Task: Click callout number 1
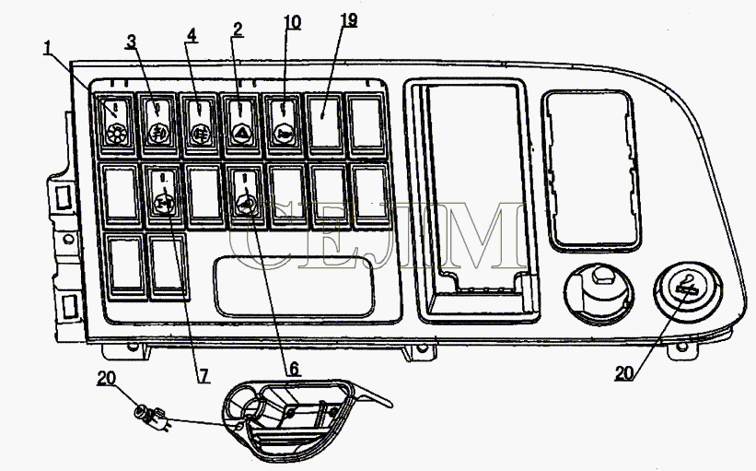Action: [x=47, y=49]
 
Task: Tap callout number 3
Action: [x=131, y=41]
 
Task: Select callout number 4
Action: [x=192, y=35]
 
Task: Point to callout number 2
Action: [x=237, y=29]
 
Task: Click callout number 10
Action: [x=292, y=22]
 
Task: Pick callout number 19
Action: [x=348, y=19]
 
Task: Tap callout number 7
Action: [x=204, y=375]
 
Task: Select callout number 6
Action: [x=293, y=370]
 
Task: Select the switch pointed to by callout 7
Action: [x=164, y=194]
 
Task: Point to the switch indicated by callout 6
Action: [x=247, y=194]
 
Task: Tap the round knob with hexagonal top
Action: [x=599, y=292]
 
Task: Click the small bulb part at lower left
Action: [x=150, y=417]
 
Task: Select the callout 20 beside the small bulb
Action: [x=106, y=378]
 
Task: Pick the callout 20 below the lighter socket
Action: [x=624, y=373]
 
